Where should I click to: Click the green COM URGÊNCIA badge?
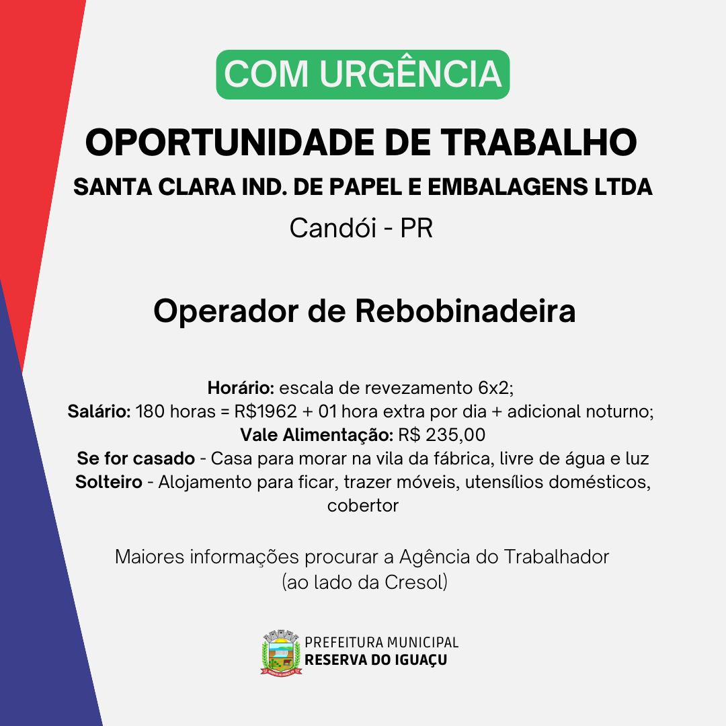click(363, 75)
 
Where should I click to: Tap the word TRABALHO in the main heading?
click(538, 142)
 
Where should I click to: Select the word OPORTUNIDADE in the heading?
click(230, 142)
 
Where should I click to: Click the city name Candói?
click(333, 228)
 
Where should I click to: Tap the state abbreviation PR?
click(417, 228)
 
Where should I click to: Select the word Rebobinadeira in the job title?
click(465, 311)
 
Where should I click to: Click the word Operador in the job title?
click(226, 312)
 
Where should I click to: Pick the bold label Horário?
click(241, 388)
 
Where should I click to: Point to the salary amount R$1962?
click(266, 411)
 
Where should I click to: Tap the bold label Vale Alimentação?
click(317, 435)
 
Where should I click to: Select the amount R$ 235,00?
click(442, 435)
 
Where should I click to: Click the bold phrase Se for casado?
click(136, 458)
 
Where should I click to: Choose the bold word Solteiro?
click(109, 482)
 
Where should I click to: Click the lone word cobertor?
click(363, 506)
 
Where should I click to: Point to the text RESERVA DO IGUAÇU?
click(376, 660)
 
